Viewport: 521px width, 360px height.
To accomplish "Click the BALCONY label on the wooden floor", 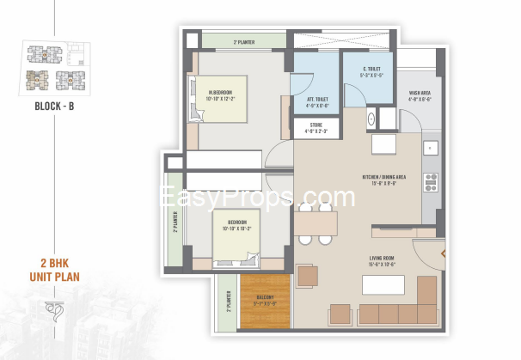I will pyautogui.click(x=265, y=300).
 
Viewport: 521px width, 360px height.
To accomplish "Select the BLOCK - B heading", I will pyautogui.click(x=54, y=107).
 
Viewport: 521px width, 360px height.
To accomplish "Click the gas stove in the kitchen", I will pyautogui.click(x=432, y=181).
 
